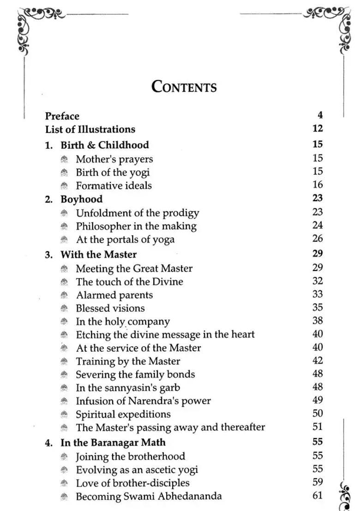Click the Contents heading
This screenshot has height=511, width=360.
tap(184, 87)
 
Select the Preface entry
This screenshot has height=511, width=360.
tap(62, 116)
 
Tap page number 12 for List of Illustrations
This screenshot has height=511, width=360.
tap(318, 129)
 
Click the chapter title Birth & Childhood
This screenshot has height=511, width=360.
tap(105, 145)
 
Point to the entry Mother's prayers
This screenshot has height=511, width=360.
tap(114, 159)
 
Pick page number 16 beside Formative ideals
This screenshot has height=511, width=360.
tap(318, 185)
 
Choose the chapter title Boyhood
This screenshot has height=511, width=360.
tap(82, 199)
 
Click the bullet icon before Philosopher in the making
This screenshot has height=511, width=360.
tap(65, 226)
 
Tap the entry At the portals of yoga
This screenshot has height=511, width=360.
tap(125, 239)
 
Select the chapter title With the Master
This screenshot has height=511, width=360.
tap(98, 254)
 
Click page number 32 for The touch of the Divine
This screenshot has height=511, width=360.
tap(318, 281)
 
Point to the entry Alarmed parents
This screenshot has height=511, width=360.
tap(114, 295)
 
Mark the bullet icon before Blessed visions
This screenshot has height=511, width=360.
tap(65, 308)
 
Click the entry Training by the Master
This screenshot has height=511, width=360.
tap(128, 361)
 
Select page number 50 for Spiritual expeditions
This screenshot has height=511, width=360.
tap(318, 414)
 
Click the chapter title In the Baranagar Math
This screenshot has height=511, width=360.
tap(113, 442)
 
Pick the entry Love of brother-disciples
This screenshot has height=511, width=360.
tap(132, 483)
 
